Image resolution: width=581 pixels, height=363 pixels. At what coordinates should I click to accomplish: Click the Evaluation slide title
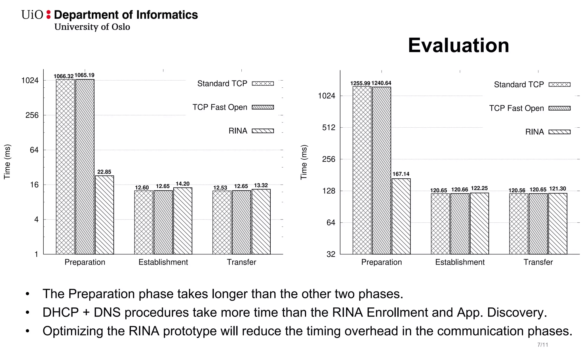(x=458, y=45)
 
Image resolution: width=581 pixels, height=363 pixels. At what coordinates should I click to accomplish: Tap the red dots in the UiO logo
(x=49, y=14)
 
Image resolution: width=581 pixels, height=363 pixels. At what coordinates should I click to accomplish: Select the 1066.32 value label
(x=64, y=76)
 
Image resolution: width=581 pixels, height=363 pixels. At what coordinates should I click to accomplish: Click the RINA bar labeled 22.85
(x=104, y=215)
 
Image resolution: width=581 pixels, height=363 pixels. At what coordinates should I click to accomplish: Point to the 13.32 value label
(x=261, y=185)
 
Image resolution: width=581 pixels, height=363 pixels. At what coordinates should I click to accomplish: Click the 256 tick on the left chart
(x=32, y=115)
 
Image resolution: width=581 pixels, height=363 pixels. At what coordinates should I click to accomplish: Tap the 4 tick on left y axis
(x=36, y=220)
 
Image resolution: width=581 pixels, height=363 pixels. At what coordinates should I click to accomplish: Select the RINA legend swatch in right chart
(x=559, y=132)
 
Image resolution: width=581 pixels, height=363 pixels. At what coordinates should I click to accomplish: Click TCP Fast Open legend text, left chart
(x=220, y=107)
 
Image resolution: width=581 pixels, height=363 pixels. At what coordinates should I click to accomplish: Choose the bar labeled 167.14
(x=401, y=216)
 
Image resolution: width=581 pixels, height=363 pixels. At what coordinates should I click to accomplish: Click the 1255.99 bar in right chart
(x=362, y=170)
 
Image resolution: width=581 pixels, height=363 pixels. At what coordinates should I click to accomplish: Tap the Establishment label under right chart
(x=460, y=262)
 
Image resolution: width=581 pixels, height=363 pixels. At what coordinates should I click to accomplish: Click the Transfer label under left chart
(x=241, y=262)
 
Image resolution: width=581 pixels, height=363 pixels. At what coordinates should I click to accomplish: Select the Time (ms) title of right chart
(x=304, y=162)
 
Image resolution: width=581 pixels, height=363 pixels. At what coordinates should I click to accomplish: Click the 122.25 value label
(x=479, y=188)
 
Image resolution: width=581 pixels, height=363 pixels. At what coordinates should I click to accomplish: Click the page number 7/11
(x=542, y=345)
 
